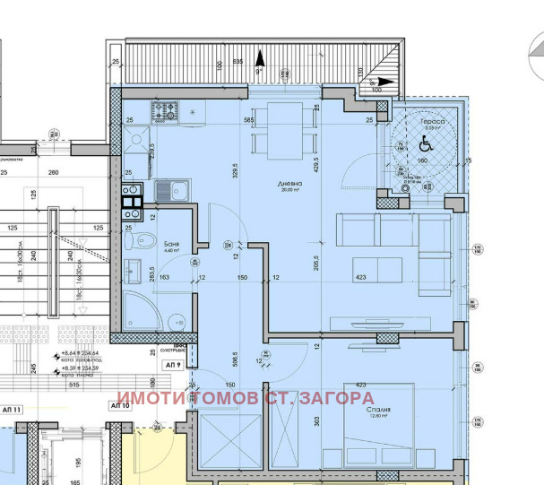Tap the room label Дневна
click(x=290, y=184)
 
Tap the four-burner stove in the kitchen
click(x=166, y=112)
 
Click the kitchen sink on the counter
click(x=170, y=190)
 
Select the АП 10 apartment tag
click(x=120, y=406)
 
